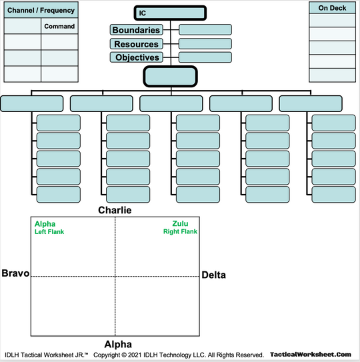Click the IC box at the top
[170, 13]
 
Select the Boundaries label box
[136, 30]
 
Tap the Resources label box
[136, 44]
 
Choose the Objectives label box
[136, 58]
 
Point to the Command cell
[59, 27]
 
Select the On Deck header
[331, 8]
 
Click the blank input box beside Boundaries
[205, 30]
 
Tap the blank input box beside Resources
[205, 44]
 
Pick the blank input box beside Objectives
[205, 58]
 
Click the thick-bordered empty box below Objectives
[170, 76]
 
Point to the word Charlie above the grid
[115, 210]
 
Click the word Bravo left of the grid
[15, 273]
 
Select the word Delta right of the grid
[213, 275]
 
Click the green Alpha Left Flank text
[49, 228]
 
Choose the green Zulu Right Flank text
[180, 228]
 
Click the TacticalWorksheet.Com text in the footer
[311, 355]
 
